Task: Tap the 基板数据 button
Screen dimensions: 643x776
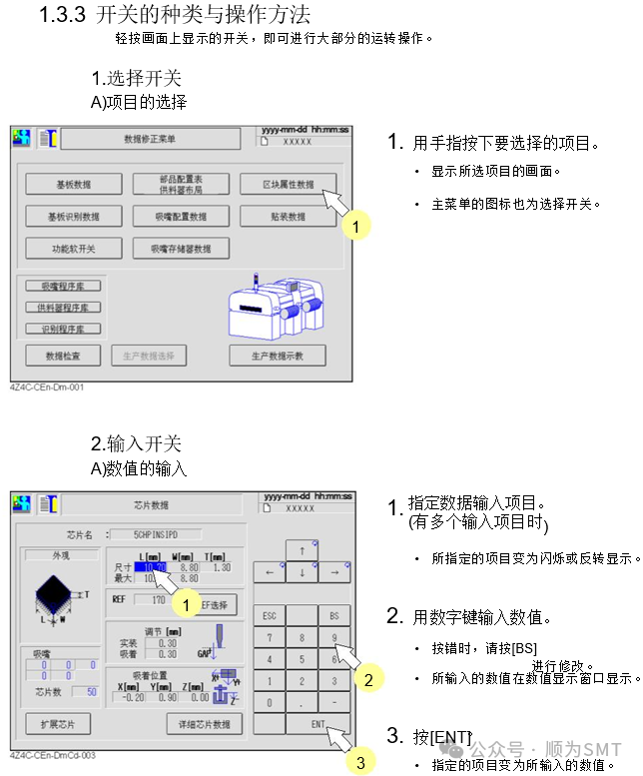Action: [73, 185]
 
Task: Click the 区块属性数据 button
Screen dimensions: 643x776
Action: [288, 185]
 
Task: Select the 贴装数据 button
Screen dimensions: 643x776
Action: [288, 216]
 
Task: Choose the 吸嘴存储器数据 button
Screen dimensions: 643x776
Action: [181, 248]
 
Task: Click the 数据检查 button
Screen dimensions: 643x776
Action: [63, 356]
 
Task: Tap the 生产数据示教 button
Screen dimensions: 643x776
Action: [277, 356]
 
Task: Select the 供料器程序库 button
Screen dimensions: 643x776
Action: [63, 307]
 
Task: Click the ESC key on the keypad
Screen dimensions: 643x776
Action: [268, 615]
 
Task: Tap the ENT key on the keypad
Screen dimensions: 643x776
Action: [318, 723]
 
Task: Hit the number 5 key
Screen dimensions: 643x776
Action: [301, 659]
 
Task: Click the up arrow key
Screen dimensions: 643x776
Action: [301, 550]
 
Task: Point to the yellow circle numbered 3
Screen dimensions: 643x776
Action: [360, 763]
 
